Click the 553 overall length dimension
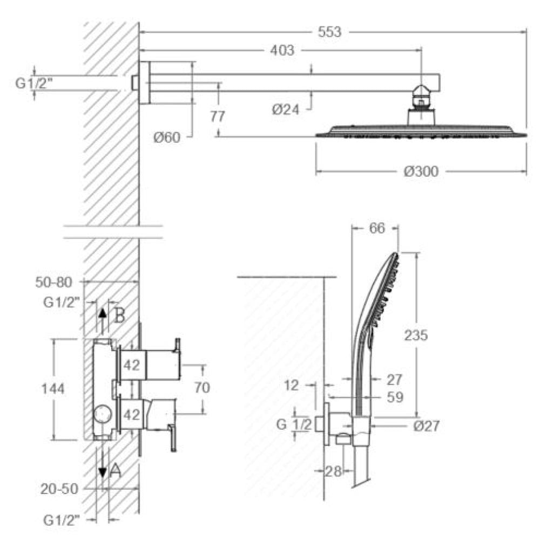329,32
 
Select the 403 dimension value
282,51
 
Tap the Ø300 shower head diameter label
421,171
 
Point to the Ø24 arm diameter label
286,110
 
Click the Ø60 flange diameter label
167,138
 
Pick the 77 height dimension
218,116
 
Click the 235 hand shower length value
416,335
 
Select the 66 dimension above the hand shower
377,228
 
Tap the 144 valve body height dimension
53,389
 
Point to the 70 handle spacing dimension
202,387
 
